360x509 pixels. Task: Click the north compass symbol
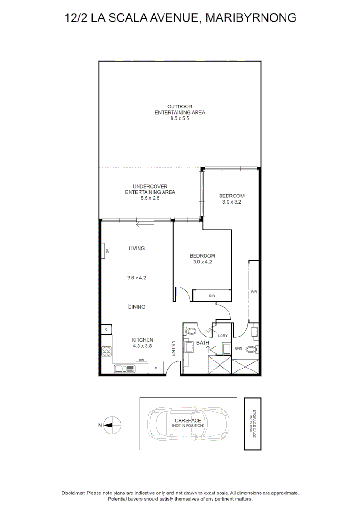click(111, 425)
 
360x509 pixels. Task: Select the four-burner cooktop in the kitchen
click(106, 352)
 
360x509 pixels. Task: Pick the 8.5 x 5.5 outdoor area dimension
click(180, 119)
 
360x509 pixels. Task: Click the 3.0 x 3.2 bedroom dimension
click(231, 202)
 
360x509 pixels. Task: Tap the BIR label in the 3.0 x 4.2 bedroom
click(212, 296)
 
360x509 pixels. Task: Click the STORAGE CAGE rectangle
click(252, 423)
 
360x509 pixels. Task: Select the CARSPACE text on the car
click(188, 420)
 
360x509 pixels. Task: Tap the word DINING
click(136, 307)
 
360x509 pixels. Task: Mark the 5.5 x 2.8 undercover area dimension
click(150, 198)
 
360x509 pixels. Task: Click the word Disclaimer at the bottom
click(73, 493)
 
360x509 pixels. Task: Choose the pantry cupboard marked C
click(106, 329)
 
